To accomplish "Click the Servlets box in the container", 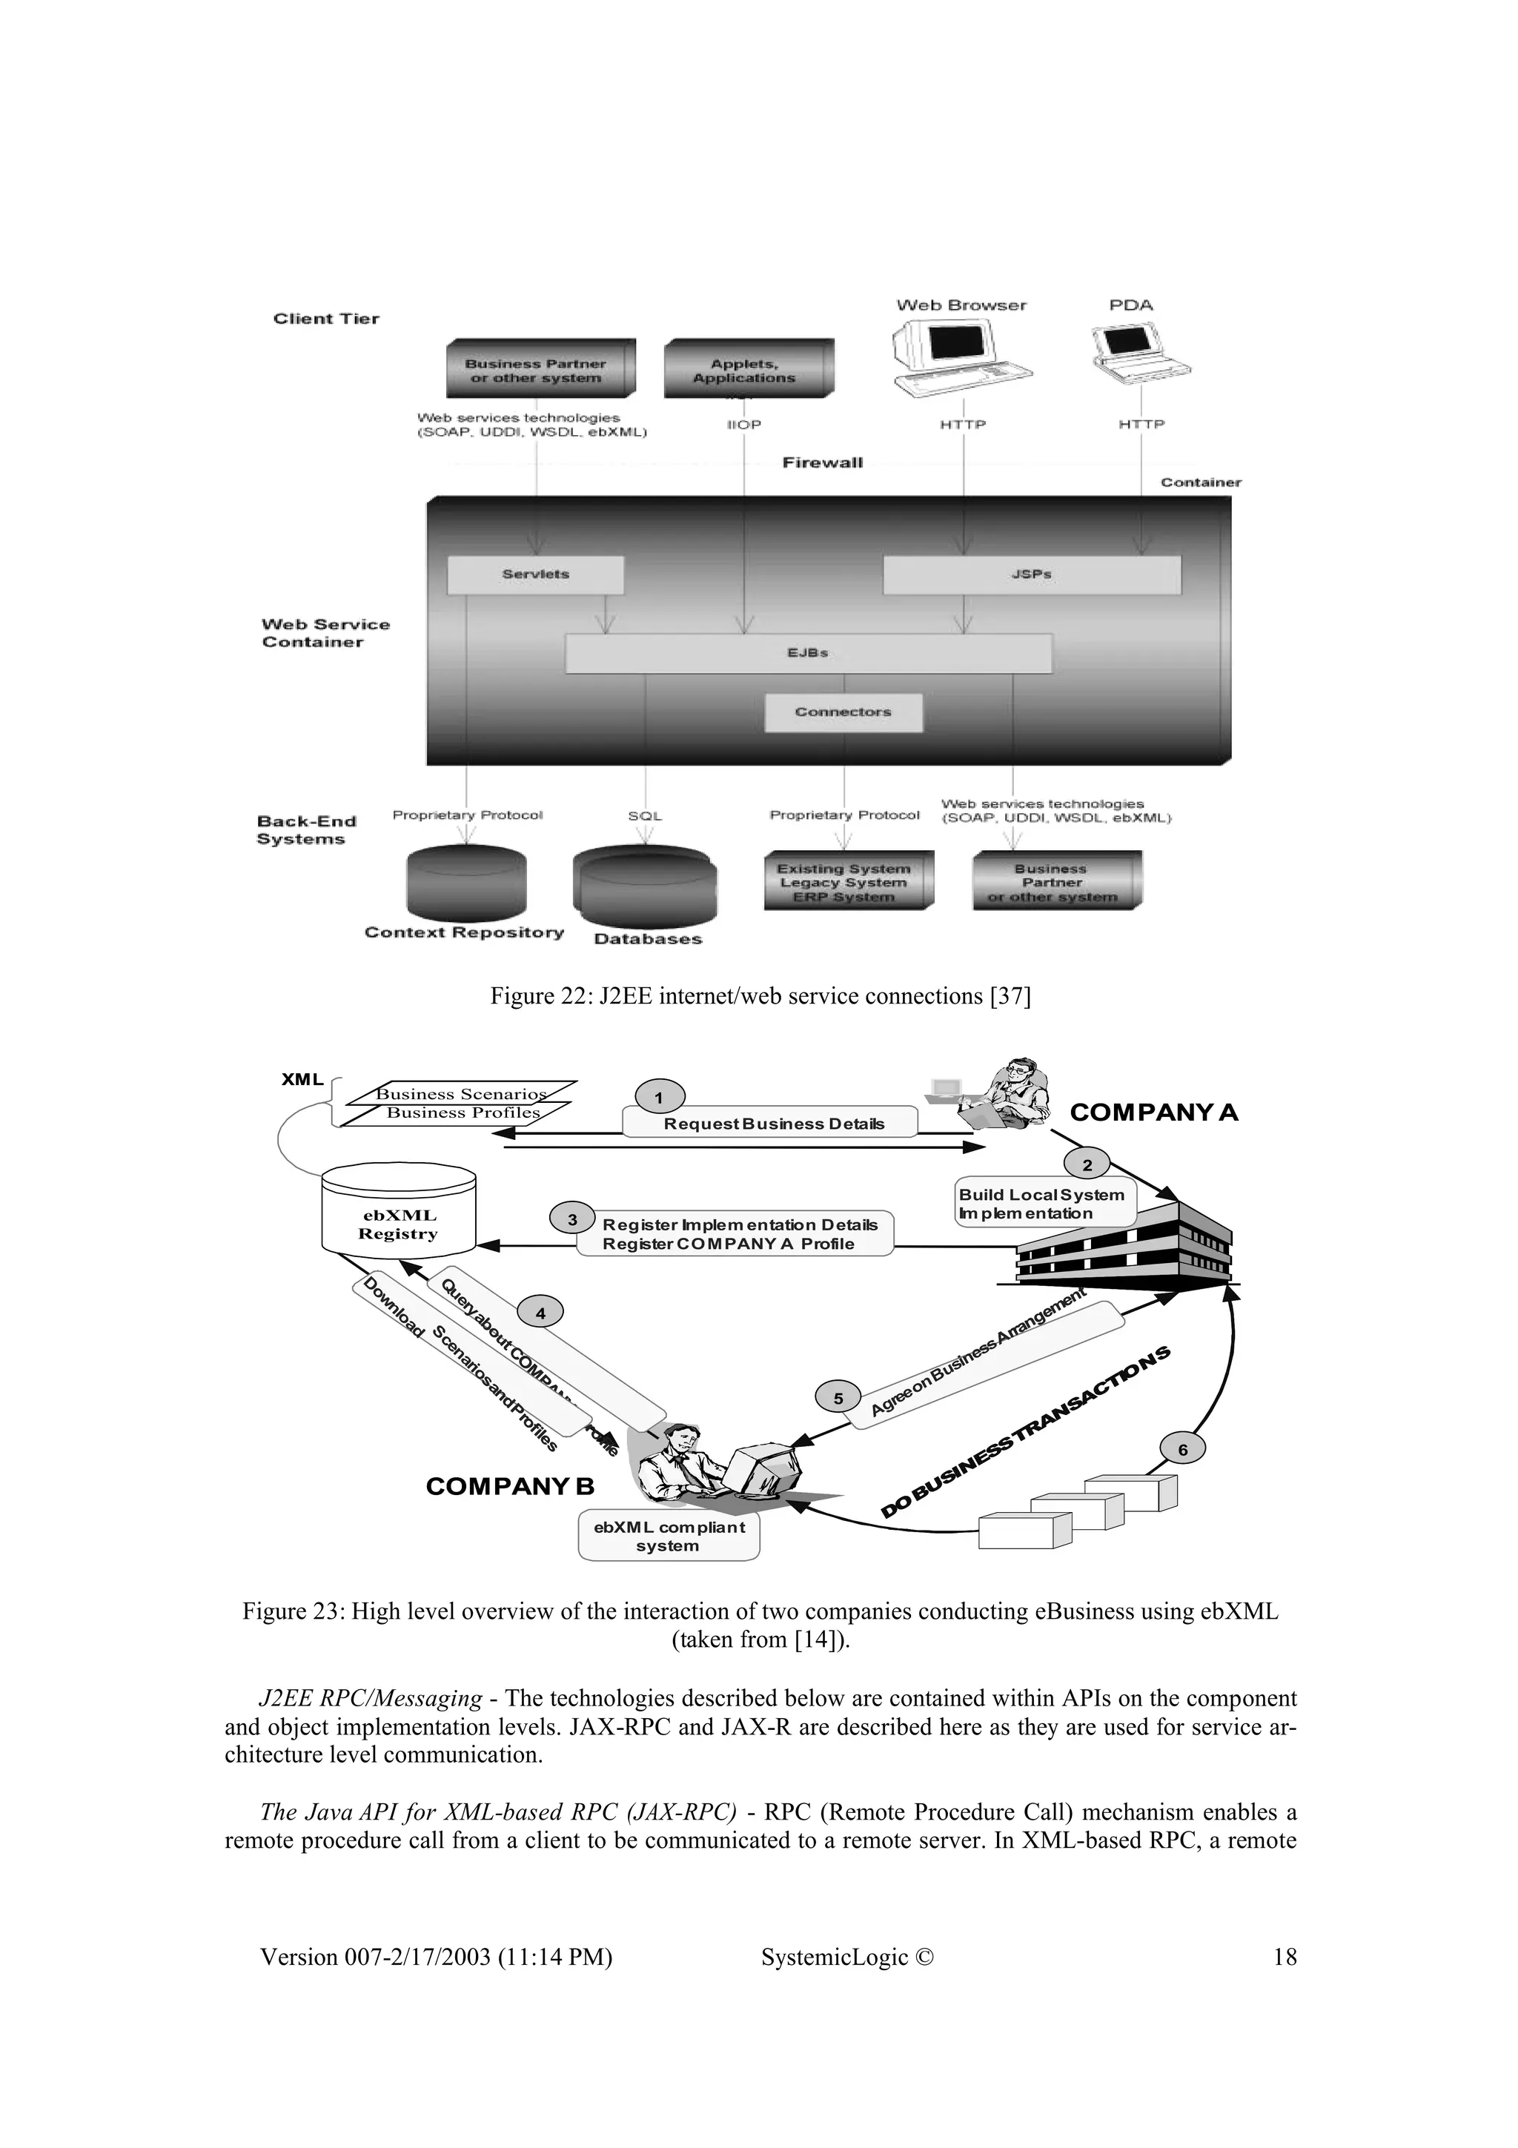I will click(x=535, y=574).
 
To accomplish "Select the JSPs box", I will click(x=1032, y=574).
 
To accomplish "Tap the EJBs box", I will click(x=808, y=653).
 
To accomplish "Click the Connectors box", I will click(x=843, y=712).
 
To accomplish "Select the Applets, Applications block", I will click(x=746, y=370).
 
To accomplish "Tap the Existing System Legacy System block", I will click(x=847, y=881).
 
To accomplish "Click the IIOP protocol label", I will click(x=744, y=425).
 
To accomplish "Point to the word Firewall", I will click(x=822, y=463).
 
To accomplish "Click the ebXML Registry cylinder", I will click(x=399, y=1212).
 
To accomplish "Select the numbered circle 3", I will click(x=572, y=1219).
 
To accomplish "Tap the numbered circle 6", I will click(x=1182, y=1449).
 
